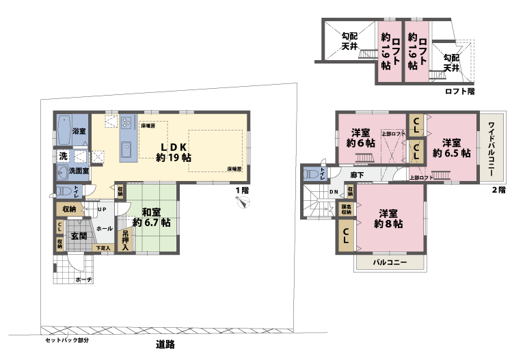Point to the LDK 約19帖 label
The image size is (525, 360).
click(x=176, y=151)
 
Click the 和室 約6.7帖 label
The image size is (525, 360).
click(x=152, y=217)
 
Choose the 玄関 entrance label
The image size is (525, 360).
click(x=79, y=236)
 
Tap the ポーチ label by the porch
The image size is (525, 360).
click(x=83, y=279)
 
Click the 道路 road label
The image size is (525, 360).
click(x=165, y=345)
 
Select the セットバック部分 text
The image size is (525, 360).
click(x=67, y=340)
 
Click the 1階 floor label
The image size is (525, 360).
click(x=241, y=189)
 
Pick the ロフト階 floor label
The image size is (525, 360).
click(x=460, y=90)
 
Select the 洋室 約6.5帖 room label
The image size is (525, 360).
click(x=451, y=148)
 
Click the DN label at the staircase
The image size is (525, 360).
click(x=333, y=192)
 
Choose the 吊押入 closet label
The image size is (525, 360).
click(x=125, y=238)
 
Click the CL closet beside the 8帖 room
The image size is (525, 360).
click(x=346, y=238)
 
